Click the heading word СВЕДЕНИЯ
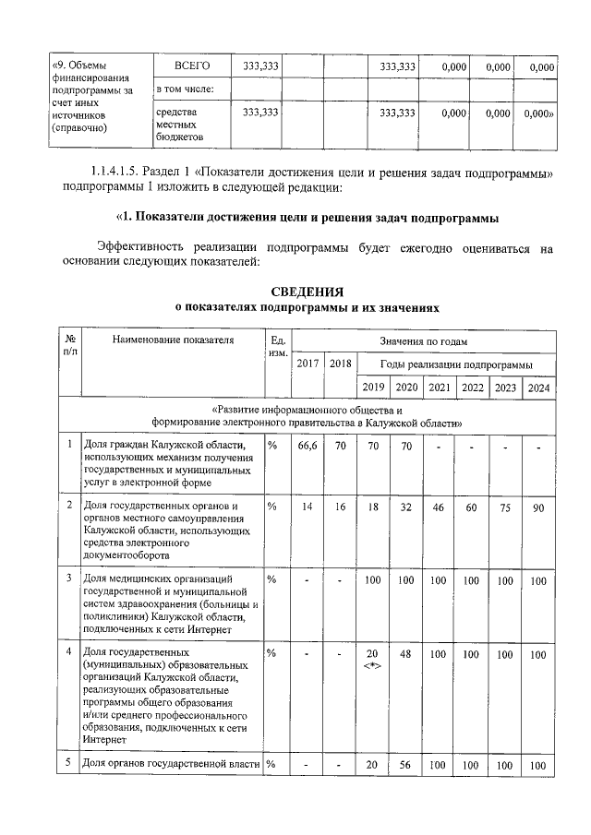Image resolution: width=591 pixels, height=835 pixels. pos(307,291)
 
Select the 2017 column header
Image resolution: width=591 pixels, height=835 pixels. pos(308,364)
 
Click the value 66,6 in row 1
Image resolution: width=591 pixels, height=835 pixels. pos(308,446)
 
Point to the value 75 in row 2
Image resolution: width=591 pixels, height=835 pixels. pos(505,507)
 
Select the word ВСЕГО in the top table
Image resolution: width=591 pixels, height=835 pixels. pos(192,66)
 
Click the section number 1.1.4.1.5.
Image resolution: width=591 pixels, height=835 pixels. pos(126,173)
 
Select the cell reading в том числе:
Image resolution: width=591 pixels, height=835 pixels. pos(185,89)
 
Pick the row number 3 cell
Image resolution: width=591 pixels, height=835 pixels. pos(71,579)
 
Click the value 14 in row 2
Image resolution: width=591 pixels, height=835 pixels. pos(308,507)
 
